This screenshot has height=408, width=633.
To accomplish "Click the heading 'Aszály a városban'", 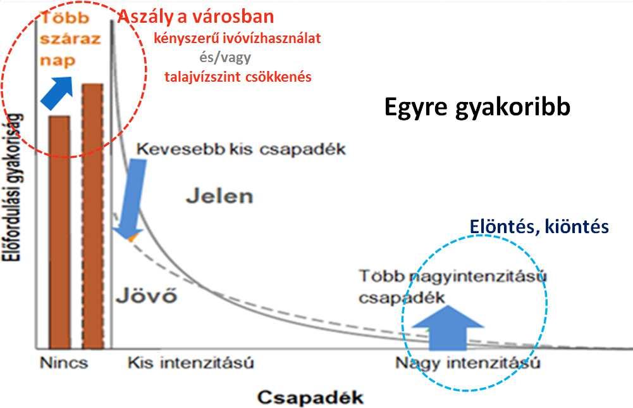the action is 196,17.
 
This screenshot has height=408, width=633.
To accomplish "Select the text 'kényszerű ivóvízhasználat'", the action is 237,39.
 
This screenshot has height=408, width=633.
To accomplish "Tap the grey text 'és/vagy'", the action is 225,58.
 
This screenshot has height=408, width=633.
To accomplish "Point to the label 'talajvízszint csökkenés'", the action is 238,77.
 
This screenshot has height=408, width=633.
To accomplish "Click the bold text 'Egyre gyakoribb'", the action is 477,108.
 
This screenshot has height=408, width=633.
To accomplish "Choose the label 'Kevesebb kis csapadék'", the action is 241,150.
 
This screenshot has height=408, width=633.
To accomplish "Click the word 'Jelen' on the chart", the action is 219,196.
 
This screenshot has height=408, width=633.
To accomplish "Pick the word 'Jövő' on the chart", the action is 147,296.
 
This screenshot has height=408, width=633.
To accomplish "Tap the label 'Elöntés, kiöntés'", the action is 539,226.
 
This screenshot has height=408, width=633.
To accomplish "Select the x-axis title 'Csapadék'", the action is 310,397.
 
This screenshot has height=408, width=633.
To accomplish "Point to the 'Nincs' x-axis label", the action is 64,363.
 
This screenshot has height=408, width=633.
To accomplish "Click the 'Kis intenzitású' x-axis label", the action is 190,363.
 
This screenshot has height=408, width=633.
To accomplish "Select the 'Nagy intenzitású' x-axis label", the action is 468,363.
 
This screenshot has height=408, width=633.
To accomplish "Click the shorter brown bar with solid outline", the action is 59,233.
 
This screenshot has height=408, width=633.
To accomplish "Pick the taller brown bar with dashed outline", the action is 92,216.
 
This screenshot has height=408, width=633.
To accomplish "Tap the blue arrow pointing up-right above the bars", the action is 58,92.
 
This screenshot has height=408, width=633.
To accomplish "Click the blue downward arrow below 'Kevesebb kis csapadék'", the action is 131,198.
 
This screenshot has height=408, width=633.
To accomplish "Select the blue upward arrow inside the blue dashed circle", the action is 448,328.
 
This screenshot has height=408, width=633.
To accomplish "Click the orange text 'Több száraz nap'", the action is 70,39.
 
